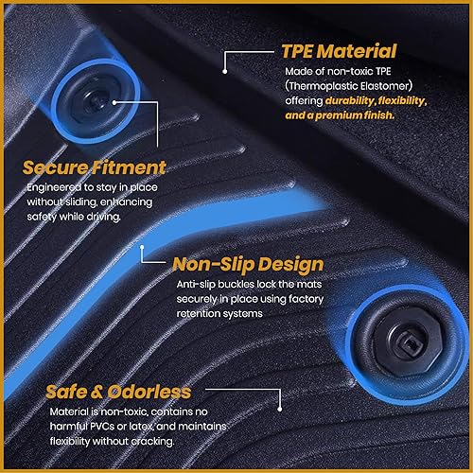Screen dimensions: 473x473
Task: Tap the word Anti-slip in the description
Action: click(197, 284)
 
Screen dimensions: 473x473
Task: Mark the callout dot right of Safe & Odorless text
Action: click(280, 408)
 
